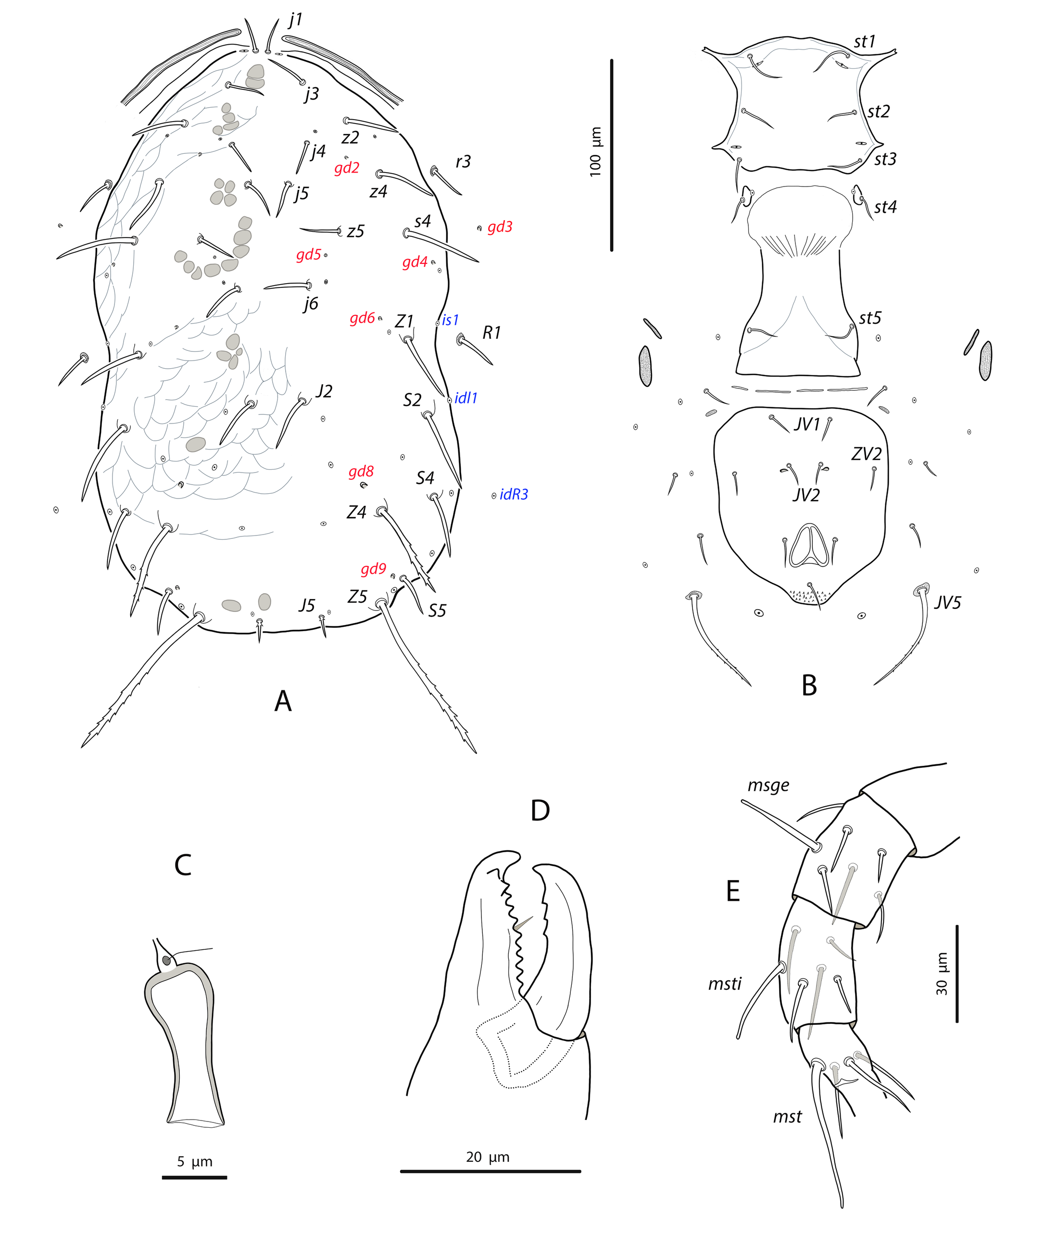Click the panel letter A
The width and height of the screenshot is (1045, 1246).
coord(283,701)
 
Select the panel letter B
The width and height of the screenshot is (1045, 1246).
coord(809,685)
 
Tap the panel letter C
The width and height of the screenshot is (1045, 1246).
coord(183,865)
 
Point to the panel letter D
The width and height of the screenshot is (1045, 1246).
coord(540,810)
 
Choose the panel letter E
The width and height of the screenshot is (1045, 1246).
coord(733,891)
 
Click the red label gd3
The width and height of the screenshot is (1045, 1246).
coord(500,227)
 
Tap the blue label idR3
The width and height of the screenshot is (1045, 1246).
coord(514,494)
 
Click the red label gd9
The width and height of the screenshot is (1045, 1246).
coord(374,570)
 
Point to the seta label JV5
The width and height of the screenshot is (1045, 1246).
coord(948,603)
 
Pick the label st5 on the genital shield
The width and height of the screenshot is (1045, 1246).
coord(870,318)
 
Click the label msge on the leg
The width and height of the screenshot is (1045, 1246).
coord(768,785)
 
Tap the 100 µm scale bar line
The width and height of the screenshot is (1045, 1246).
coord(612,155)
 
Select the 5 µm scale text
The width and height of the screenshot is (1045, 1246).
coord(195,1162)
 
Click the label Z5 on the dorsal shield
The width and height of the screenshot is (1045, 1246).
coord(357,596)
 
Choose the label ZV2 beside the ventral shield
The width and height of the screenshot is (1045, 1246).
coord(867,454)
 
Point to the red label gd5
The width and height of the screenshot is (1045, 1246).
coord(309,255)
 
